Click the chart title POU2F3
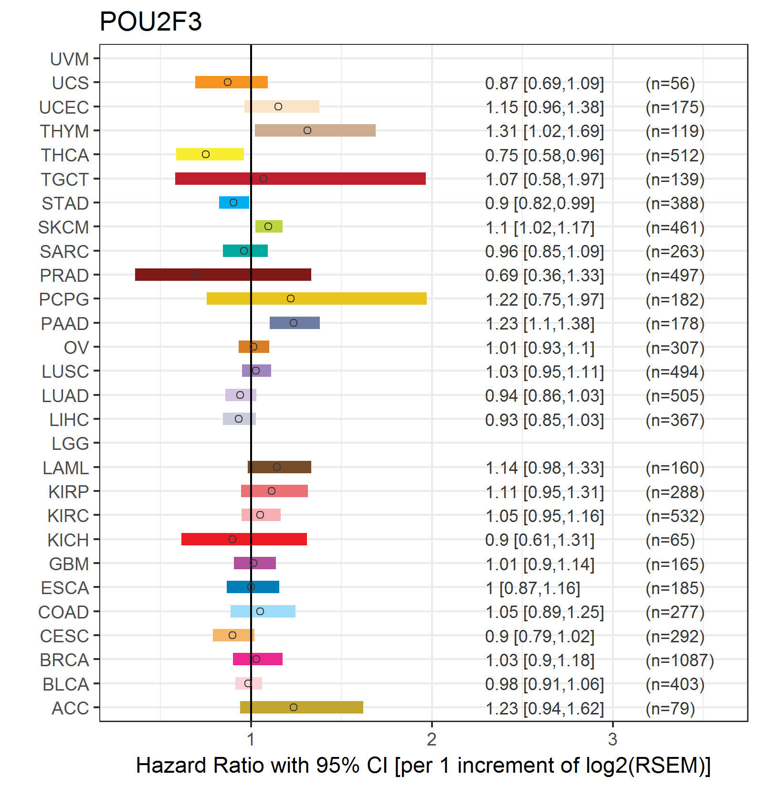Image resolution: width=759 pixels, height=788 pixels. click(150, 22)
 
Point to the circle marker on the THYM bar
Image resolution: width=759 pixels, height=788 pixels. click(307, 130)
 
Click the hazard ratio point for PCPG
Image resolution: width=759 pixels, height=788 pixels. click(291, 298)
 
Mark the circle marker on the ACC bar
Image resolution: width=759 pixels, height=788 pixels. click(294, 707)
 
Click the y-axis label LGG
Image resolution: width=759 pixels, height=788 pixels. click(70, 444)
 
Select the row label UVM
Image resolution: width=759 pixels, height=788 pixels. click(70, 59)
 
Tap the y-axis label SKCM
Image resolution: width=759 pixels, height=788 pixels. click(63, 227)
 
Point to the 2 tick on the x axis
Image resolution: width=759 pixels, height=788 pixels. click(432, 739)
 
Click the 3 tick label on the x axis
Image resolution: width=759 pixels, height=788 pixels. click(612, 739)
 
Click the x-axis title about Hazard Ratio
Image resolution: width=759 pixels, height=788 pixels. click(423, 766)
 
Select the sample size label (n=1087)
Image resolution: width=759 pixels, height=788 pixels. click(679, 660)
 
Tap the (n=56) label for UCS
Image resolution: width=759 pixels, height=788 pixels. click(670, 84)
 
